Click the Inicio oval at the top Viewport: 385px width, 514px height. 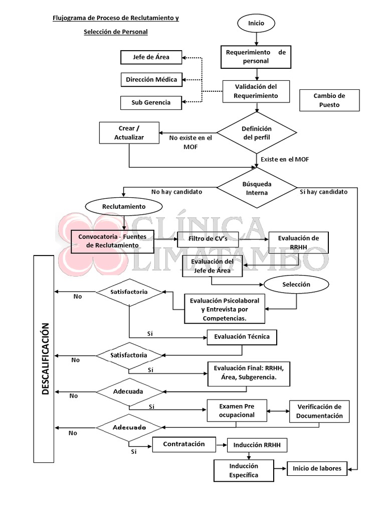pos(256,23)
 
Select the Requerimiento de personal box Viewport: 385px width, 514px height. pos(256,57)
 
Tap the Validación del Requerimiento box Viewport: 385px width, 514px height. pos(256,91)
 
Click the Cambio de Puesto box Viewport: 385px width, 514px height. pos(329,100)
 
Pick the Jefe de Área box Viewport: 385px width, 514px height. pos(151,57)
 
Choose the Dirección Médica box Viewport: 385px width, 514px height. pos(151,80)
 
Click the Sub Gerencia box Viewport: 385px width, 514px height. pos(151,102)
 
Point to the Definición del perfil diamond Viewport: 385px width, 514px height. pos(257,133)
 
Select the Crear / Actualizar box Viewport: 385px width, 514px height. pos(129,133)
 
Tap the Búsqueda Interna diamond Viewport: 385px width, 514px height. pos(257,188)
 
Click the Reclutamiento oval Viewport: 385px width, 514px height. pos(124,206)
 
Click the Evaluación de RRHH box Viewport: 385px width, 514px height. pos(299,242)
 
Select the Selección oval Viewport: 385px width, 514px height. pos(296,285)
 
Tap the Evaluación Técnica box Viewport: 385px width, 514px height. pos(242,337)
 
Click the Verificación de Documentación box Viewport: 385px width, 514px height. pos(319,412)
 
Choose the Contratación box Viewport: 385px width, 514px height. pos(184,444)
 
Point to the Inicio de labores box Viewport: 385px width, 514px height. pos(317,469)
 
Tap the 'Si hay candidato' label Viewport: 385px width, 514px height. pos(323,192)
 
